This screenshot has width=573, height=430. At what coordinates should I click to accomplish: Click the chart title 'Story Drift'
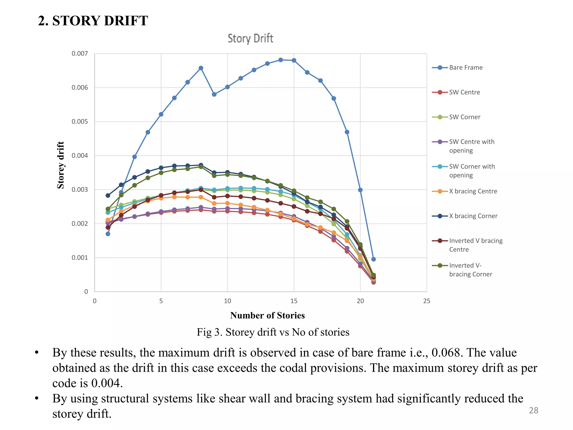[250, 39]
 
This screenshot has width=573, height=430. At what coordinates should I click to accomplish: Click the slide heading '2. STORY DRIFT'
[93, 21]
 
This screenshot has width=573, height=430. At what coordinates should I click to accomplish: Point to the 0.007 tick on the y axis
[80, 53]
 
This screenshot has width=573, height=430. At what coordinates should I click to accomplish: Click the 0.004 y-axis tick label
[80, 156]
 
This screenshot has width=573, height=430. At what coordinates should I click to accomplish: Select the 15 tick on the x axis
[294, 301]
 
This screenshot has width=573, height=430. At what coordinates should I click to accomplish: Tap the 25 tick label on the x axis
[427, 301]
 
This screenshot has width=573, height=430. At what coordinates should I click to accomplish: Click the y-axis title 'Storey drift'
[61, 165]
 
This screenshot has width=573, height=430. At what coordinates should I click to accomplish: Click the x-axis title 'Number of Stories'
[267, 316]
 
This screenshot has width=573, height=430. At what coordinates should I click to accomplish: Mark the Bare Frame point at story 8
[201, 68]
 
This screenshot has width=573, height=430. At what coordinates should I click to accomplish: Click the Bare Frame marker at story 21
[374, 259]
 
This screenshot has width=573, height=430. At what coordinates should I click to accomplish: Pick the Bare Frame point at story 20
[360, 190]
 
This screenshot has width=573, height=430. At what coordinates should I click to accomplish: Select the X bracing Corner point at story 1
[108, 195]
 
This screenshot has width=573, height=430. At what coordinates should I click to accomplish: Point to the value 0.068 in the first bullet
[446, 353]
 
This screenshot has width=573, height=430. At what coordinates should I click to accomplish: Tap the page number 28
[534, 410]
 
